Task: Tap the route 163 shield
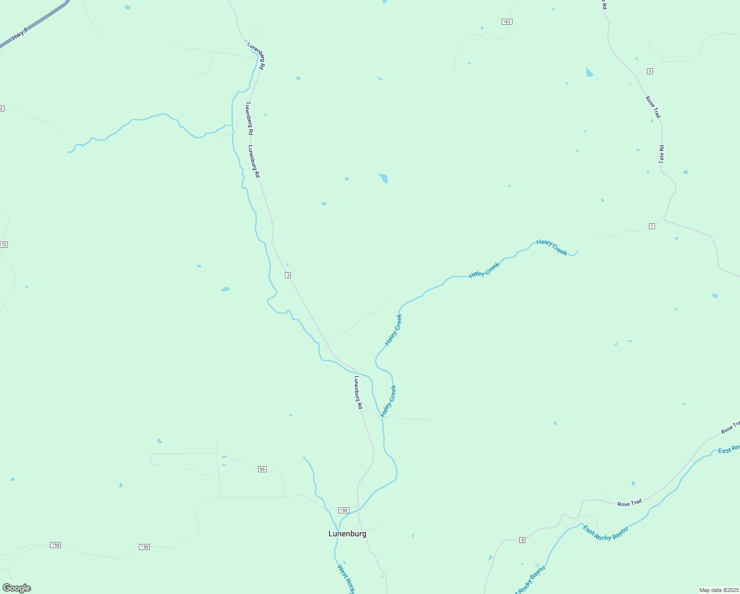pyautogui.click(x=507, y=22)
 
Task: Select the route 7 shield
pyautogui.click(x=652, y=226)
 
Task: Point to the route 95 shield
pyautogui.click(x=262, y=469)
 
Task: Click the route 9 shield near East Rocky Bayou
pyautogui.click(x=522, y=540)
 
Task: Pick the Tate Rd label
pyautogui.click(x=662, y=154)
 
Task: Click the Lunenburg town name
pyautogui.click(x=347, y=534)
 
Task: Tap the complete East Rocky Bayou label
pyautogui.click(x=605, y=533)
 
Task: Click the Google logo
pyautogui.click(x=17, y=588)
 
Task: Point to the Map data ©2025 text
pyautogui.click(x=718, y=590)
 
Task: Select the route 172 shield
pyautogui.click(x=3, y=245)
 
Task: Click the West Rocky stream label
pyautogui.click(x=346, y=579)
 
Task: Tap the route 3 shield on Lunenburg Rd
pyautogui.click(x=287, y=275)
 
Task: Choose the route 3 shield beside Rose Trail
pyautogui.click(x=649, y=71)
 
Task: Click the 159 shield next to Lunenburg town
pyautogui.click(x=344, y=510)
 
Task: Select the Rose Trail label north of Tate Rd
pyautogui.click(x=653, y=107)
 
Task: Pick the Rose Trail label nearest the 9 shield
pyautogui.click(x=630, y=503)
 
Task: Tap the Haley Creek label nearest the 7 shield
pyautogui.click(x=552, y=247)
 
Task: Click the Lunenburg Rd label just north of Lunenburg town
pyautogui.click(x=359, y=392)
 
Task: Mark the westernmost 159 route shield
pyautogui.click(x=55, y=545)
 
